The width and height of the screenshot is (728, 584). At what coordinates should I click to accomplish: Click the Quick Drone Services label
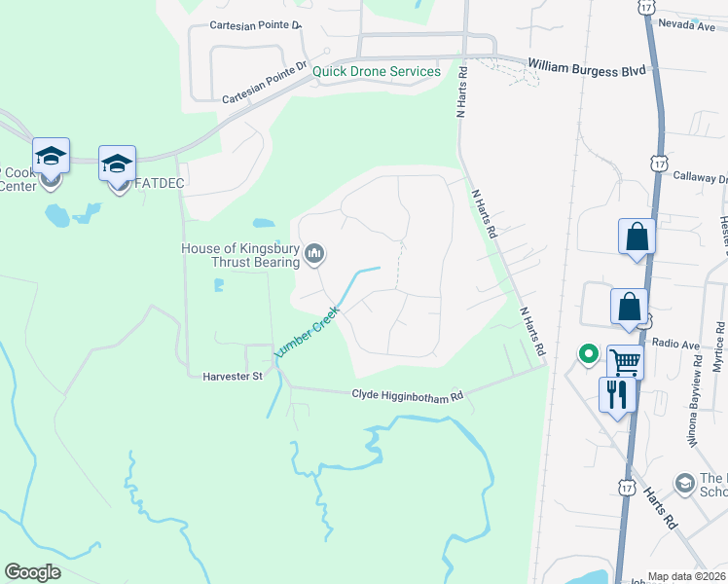point(377,71)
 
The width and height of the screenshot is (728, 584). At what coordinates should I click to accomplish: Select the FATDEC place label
point(160,182)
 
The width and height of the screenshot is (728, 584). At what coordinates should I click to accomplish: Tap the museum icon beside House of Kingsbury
point(314,255)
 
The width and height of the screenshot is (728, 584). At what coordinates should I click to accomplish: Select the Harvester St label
point(233,376)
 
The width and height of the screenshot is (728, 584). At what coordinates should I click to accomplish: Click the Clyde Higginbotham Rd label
point(408,394)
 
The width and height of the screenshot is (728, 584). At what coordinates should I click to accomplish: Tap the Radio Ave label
point(676,344)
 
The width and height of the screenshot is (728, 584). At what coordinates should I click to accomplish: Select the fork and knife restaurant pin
point(617,394)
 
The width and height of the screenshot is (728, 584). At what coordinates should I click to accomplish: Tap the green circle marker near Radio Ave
point(588,354)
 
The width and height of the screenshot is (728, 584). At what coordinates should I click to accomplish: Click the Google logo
point(33,572)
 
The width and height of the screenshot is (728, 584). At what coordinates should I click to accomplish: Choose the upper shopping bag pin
point(637,237)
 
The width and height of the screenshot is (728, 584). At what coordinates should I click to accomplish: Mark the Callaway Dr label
point(710,179)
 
